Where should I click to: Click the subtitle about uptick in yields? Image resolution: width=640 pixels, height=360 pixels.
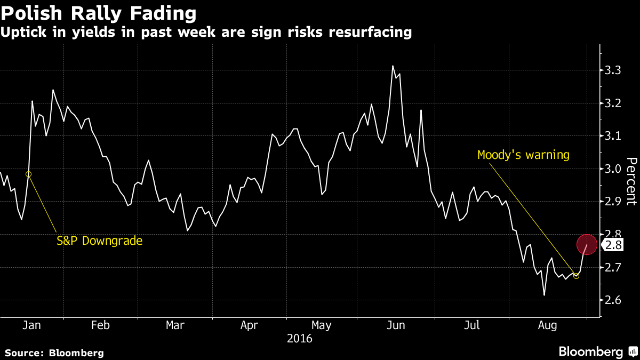(x=206, y=32)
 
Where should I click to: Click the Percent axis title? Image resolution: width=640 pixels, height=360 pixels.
(x=631, y=181)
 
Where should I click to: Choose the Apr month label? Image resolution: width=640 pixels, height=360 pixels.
(x=249, y=325)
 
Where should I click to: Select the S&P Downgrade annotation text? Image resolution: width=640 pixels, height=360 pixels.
(x=100, y=241)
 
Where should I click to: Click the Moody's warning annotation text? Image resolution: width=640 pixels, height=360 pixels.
(x=523, y=155)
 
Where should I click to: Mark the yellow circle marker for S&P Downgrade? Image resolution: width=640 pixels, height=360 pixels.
(x=29, y=174)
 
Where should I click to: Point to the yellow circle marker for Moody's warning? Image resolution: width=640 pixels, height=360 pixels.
(x=576, y=276)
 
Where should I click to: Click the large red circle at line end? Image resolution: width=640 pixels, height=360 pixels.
(x=587, y=244)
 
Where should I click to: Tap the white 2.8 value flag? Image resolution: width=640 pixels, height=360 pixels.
(x=613, y=245)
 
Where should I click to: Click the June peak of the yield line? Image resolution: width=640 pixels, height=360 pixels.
(x=393, y=66)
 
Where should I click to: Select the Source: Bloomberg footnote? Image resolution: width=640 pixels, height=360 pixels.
(x=54, y=353)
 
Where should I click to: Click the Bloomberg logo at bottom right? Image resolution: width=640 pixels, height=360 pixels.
(x=598, y=351)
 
